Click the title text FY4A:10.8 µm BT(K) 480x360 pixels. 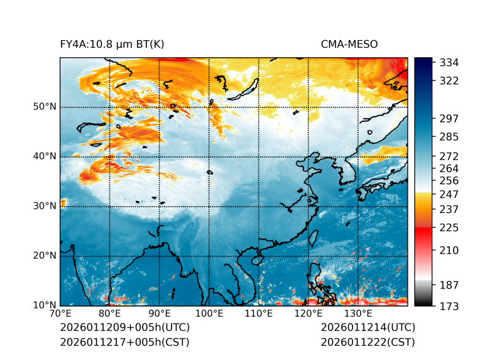[x=112, y=44]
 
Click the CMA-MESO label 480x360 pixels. [x=349, y=44]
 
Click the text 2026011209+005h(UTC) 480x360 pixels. [x=124, y=328]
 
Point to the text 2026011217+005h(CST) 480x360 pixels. [x=124, y=342]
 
